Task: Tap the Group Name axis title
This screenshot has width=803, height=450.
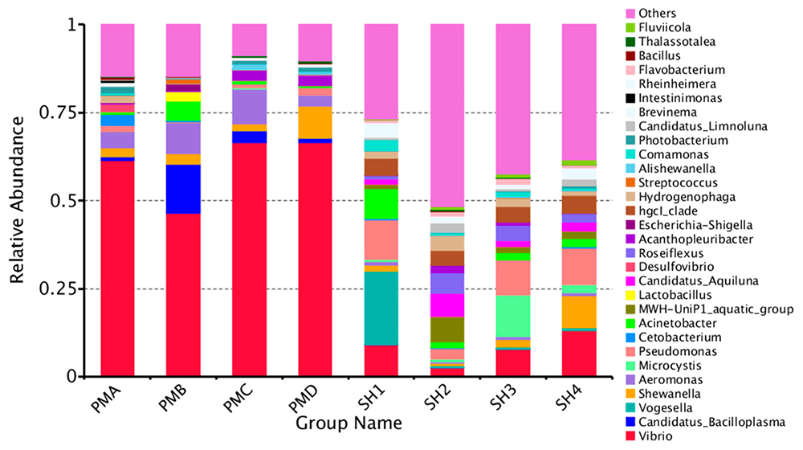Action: (348, 422)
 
